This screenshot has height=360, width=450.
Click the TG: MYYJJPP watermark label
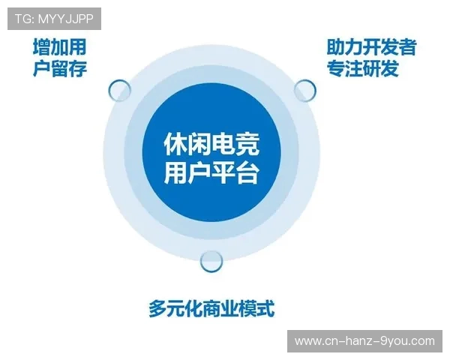click(53, 19)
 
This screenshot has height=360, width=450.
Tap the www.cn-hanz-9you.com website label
click(364, 340)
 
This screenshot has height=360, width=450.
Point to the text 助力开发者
click(370, 47)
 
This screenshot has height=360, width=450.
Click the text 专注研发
click(362, 69)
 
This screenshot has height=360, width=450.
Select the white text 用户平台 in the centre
click(211, 175)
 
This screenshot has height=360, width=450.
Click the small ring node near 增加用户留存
click(120, 91)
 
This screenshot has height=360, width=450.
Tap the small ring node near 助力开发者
click(304, 90)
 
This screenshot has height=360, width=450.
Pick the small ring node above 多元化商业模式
click(212, 260)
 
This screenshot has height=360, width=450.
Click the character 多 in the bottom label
click(157, 308)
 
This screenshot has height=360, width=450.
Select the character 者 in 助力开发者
click(406, 47)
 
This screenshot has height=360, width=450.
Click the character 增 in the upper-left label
click(42, 47)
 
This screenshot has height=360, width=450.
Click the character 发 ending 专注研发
click(389, 69)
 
